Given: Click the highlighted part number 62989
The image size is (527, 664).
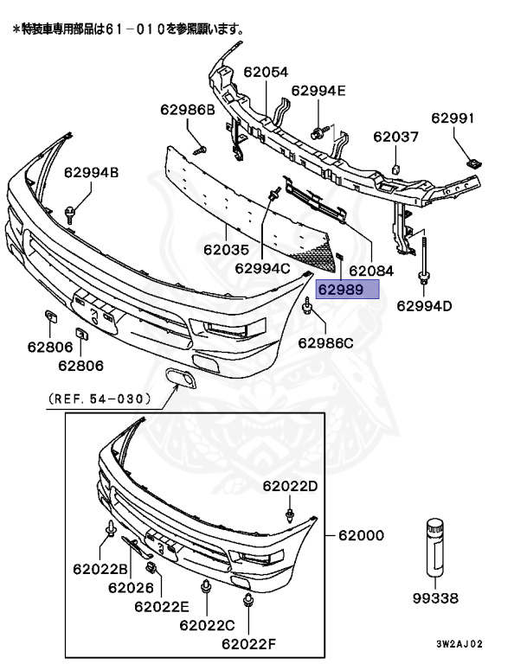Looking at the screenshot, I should (340, 290).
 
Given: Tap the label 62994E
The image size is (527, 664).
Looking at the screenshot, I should (318, 90).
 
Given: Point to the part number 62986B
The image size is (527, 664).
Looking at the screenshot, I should (187, 110).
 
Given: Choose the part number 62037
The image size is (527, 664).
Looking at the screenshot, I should (395, 137).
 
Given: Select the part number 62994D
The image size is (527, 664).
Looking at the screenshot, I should (425, 305).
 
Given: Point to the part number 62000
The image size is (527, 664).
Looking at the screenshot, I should (361, 536).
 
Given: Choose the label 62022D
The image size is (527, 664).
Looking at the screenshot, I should (290, 486).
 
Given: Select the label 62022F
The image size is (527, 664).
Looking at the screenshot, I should (248, 643).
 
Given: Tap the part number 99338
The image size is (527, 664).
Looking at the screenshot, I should (435, 597).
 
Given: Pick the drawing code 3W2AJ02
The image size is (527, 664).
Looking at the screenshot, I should (460, 644).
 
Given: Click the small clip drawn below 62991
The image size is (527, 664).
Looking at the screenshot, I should (472, 160).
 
